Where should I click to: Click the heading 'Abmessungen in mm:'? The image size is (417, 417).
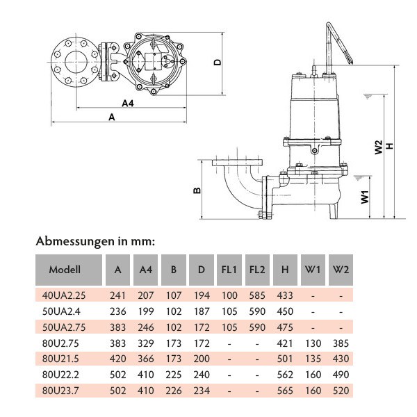point(95,242)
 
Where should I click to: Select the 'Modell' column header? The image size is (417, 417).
point(65,270)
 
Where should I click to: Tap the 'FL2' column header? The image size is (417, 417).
point(257,270)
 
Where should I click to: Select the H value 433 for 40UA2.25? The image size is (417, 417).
point(285,295)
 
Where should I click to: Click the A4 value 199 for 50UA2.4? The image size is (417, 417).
point(146,311)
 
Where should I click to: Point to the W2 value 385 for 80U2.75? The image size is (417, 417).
point(340,343)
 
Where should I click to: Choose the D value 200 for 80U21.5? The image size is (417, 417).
point(201,359)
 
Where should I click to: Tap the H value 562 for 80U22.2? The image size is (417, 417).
point(285,375)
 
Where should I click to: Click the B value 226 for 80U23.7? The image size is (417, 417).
point(174,391)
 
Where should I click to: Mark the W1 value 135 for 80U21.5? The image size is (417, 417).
point(313,359)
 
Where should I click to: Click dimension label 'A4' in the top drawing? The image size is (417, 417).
point(127,103)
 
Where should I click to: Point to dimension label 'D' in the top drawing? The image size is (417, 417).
point(218,62)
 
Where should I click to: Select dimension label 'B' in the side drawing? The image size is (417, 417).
point(197,190)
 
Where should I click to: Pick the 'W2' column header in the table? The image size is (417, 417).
point(340,270)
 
